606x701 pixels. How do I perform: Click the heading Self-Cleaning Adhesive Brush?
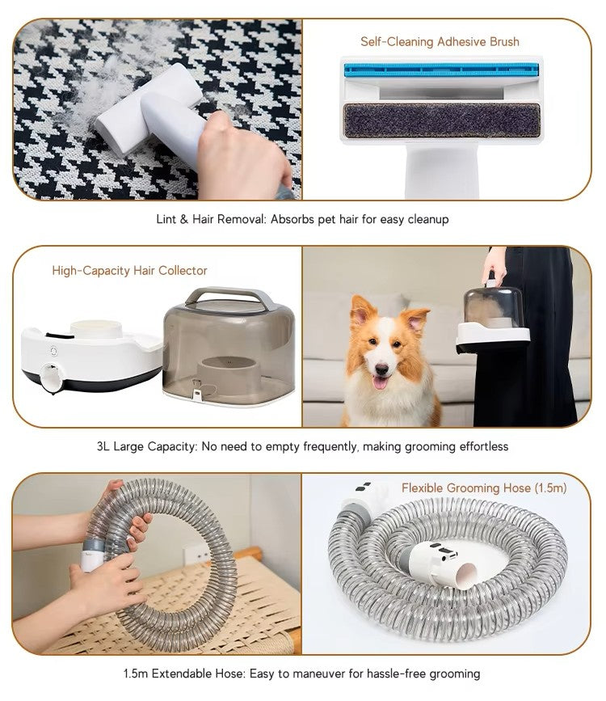click(440, 41)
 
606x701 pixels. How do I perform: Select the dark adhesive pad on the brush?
click(443, 120)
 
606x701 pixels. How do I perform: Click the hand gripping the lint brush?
click(238, 154)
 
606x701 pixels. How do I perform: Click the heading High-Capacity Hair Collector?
click(129, 271)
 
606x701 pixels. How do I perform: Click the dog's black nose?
click(379, 364)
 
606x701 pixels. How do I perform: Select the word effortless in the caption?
click(481, 446)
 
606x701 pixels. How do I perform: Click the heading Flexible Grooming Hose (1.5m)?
click(484, 488)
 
